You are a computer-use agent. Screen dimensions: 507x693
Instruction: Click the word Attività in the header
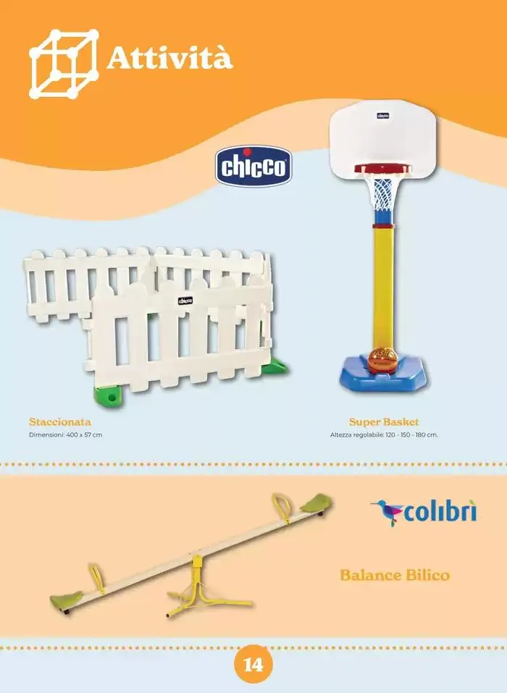pyautogui.click(x=169, y=59)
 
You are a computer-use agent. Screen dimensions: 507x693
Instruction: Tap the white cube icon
pyautogui.click(x=64, y=64)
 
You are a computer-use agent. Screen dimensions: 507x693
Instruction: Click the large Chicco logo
pyautogui.click(x=253, y=166)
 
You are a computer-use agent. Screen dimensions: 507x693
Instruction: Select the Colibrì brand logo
pyautogui.click(x=424, y=513)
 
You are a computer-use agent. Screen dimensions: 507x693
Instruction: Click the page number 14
pyautogui.click(x=253, y=664)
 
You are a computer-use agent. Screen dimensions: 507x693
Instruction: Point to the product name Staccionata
pyautogui.click(x=60, y=421)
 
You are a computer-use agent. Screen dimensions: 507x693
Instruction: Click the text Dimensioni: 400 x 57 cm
pyautogui.click(x=65, y=435)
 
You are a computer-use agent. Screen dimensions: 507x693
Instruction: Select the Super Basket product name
pyautogui.click(x=384, y=421)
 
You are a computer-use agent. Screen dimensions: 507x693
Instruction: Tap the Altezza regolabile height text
pyautogui.click(x=384, y=435)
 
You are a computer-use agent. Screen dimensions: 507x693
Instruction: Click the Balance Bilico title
pyautogui.click(x=395, y=575)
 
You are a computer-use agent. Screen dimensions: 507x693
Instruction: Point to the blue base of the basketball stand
pyautogui.click(x=383, y=374)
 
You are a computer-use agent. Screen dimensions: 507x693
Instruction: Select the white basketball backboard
pyautogui.click(x=383, y=140)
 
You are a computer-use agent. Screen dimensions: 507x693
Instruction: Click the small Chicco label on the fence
pyautogui.click(x=185, y=301)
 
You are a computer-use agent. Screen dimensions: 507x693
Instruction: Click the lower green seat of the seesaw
pyautogui.click(x=67, y=600)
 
